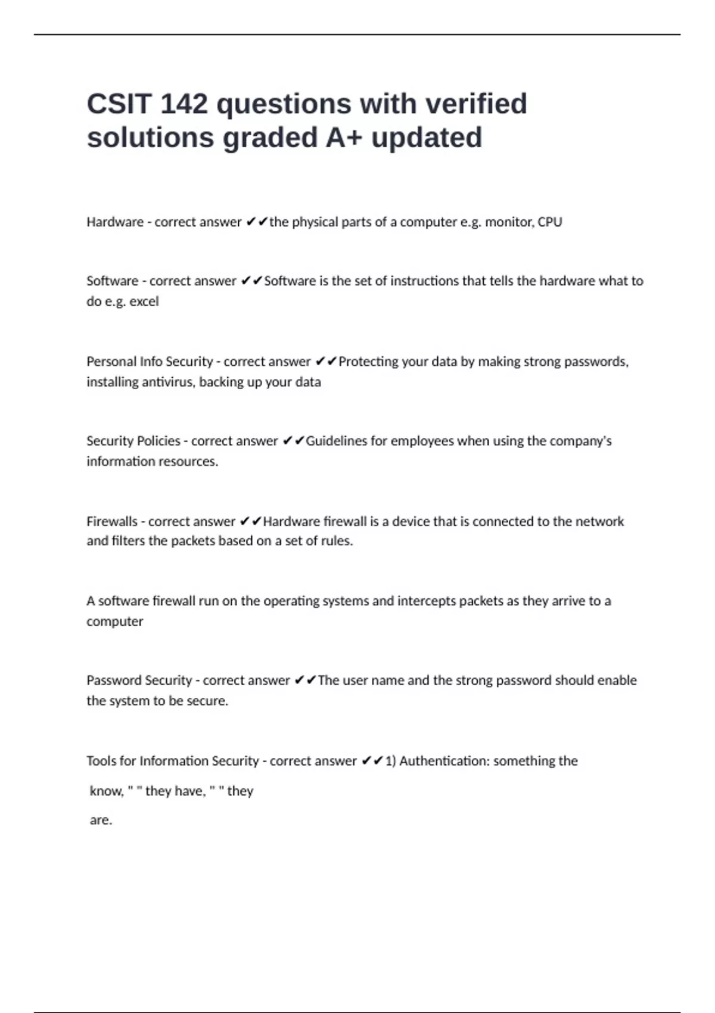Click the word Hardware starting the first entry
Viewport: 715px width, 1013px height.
tap(115, 222)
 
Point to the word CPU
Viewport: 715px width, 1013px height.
tap(549, 222)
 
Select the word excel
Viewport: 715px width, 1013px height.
tap(144, 302)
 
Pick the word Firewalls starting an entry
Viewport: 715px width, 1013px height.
tap(111, 521)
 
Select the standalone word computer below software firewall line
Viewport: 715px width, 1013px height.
tap(114, 622)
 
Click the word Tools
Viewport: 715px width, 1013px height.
tap(101, 761)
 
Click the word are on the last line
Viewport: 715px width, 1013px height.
tap(100, 820)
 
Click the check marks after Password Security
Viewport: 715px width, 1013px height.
tap(305, 680)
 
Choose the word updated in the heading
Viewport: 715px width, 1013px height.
tap(427, 138)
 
